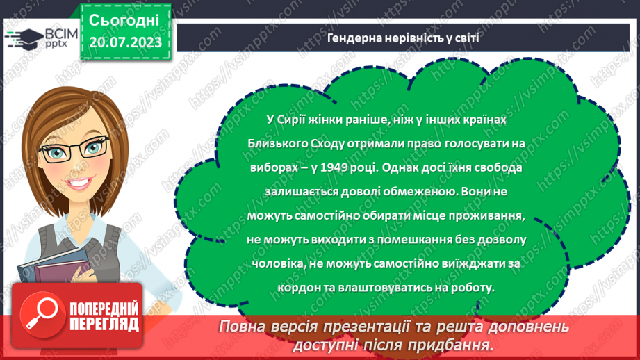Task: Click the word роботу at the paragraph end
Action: [470, 286]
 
